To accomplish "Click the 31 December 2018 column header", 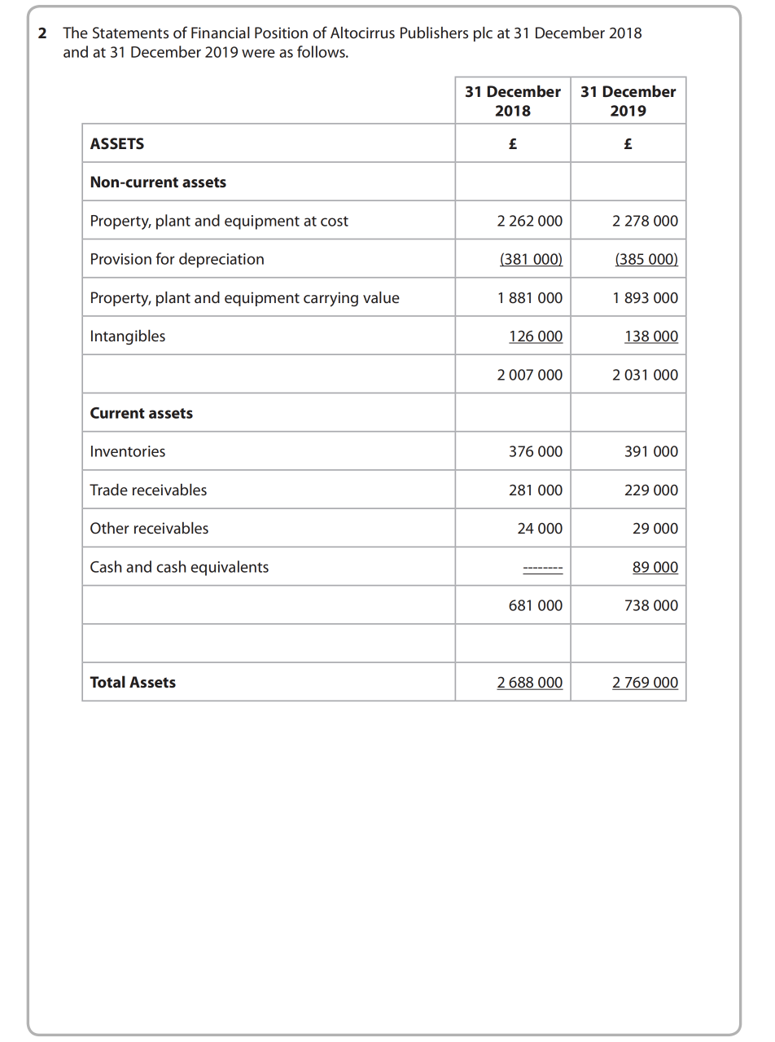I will click(x=512, y=101).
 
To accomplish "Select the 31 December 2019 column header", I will click(x=628, y=101).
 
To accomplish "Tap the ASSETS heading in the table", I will click(x=117, y=143).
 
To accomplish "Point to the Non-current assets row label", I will click(x=158, y=182).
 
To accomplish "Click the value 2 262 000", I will click(x=529, y=221).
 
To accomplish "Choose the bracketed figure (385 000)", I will click(x=646, y=259).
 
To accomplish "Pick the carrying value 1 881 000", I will click(x=529, y=298).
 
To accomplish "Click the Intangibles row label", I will click(x=128, y=336).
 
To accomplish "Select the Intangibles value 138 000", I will click(x=650, y=336).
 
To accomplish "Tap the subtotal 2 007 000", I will click(x=529, y=375).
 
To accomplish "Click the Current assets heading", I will click(x=142, y=413).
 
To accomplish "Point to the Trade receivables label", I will click(x=148, y=490).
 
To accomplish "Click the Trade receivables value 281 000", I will click(x=535, y=490).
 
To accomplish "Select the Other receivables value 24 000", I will click(x=540, y=529).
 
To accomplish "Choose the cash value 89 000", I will click(x=655, y=567).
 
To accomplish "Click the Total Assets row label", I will click(x=133, y=683).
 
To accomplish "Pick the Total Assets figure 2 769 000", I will click(x=645, y=683).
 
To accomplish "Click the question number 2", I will click(x=42, y=33).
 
